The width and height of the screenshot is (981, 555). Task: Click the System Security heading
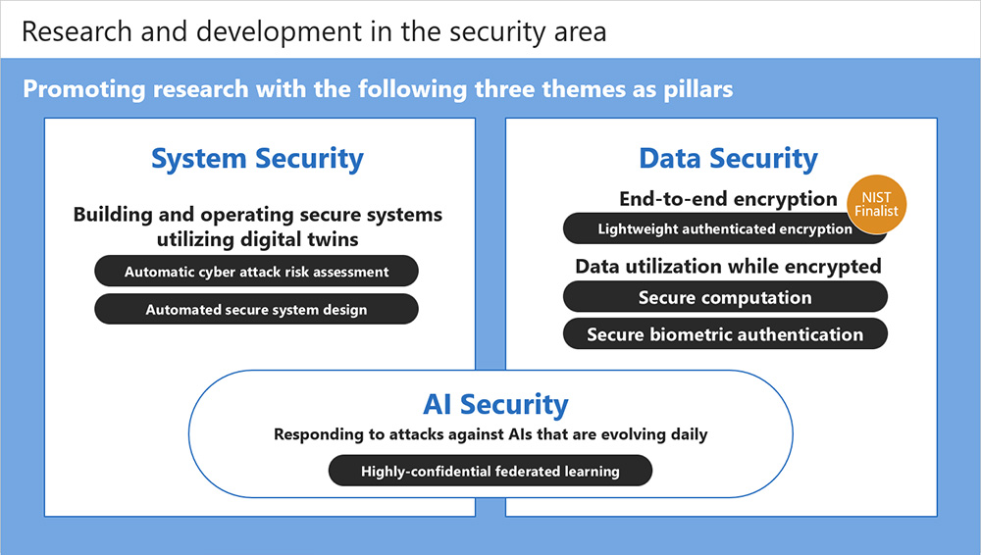pos(257,159)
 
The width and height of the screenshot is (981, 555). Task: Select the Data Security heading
pos(728,159)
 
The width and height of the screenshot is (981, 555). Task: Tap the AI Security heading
pos(495,404)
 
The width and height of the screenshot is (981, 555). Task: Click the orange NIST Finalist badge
pos(876,204)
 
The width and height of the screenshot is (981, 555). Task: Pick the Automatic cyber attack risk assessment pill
pos(256,272)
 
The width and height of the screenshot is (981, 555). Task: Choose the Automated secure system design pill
pos(256,309)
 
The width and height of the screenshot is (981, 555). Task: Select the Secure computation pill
pos(725,297)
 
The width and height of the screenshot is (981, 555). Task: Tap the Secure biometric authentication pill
pos(725,334)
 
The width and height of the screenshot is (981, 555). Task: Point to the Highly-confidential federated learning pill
pos(490,471)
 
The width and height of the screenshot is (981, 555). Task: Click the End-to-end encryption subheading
pos(728,199)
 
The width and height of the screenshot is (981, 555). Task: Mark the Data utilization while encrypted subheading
pos(728,267)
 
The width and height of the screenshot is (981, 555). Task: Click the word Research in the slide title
pos(77,32)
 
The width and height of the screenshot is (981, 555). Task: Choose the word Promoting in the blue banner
pos(84,89)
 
